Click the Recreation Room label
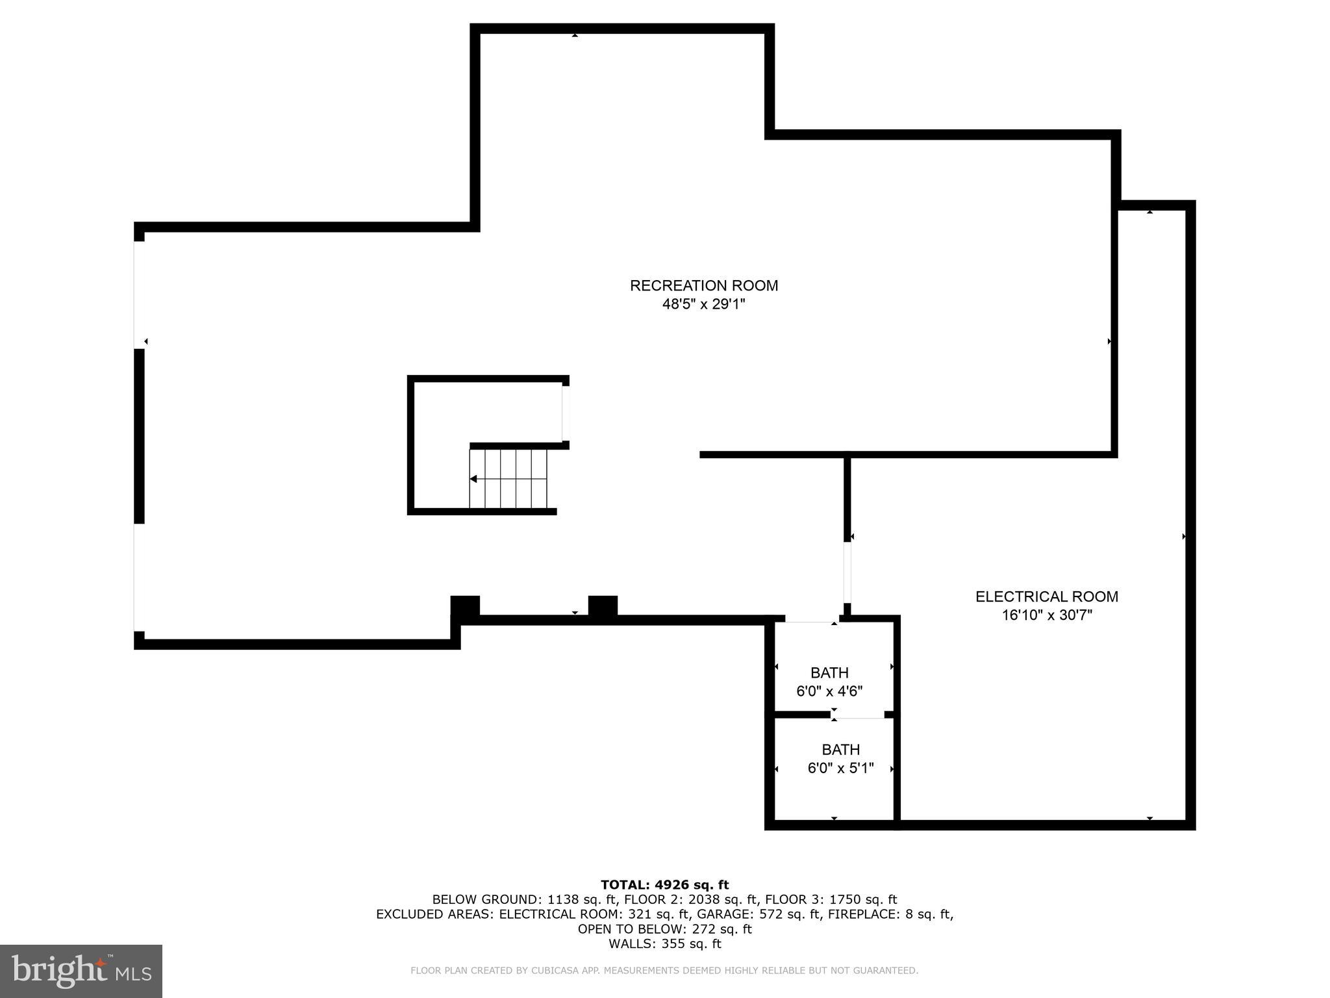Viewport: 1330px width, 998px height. coord(703,285)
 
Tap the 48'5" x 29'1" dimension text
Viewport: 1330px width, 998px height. coord(703,304)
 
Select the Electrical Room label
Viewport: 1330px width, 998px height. coord(1046,596)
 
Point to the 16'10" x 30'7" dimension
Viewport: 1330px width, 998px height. coord(1046,615)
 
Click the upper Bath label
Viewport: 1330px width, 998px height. coord(829,672)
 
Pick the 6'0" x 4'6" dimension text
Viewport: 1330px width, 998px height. coord(829,691)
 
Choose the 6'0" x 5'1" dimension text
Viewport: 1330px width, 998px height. coord(840,768)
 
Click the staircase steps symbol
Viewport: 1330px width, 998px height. coord(509,479)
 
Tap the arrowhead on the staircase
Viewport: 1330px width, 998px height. coord(473,479)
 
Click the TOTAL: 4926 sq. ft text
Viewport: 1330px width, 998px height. coord(664,884)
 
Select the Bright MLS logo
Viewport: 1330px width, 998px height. coord(81,971)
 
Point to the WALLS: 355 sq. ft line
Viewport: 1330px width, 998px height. coord(664,943)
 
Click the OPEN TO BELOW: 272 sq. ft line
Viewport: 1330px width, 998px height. coord(664,928)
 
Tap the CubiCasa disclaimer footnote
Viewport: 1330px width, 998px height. coord(664,971)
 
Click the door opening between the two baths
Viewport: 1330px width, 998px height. coord(857,715)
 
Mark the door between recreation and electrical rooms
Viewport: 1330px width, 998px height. coord(847,572)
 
